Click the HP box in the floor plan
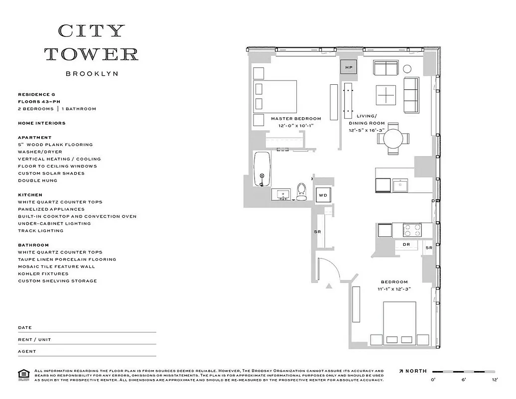tap(348, 67)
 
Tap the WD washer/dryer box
tap(323, 195)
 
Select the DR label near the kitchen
tap(406, 245)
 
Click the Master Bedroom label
tap(296, 119)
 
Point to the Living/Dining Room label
tap(367, 119)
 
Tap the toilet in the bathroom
tap(301, 192)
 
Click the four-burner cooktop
tap(411, 230)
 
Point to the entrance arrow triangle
tap(328, 286)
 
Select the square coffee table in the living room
tap(386, 95)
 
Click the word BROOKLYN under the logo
tap(92, 73)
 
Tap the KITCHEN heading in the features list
tap(30, 195)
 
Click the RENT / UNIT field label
tap(34, 340)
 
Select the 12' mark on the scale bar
tap(494, 380)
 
